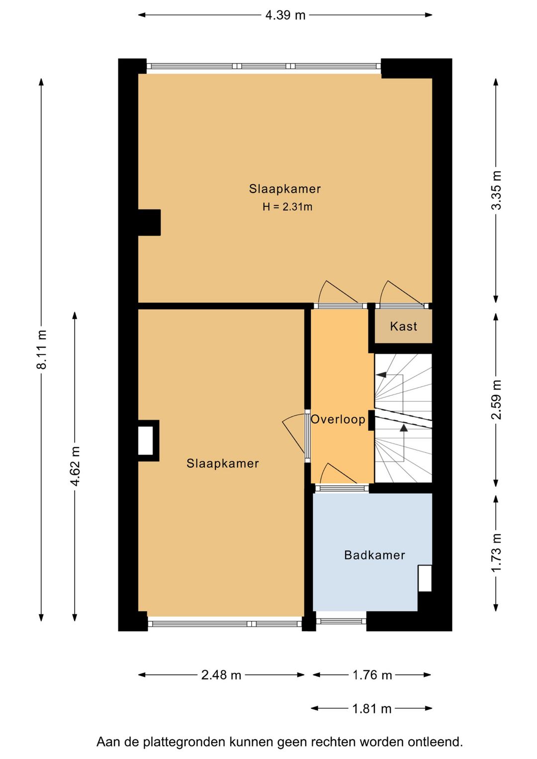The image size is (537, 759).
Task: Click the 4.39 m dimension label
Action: tap(285, 15)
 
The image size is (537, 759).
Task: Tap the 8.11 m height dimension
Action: tap(42, 349)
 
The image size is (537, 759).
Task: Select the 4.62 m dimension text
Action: tap(75, 466)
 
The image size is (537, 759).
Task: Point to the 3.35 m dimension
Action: tap(496, 190)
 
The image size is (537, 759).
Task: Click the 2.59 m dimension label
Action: tap(496, 399)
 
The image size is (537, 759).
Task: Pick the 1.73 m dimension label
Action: tap(496, 552)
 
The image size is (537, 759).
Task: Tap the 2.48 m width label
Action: tap(221, 675)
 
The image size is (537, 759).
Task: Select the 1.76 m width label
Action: tap(372, 675)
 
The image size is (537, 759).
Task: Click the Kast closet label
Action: tap(403, 326)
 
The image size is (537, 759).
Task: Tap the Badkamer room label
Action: tap(374, 555)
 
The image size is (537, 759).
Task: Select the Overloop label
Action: tap(338, 419)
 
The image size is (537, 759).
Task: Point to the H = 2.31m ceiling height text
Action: tap(287, 207)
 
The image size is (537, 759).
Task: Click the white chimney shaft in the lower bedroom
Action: tap(145, 441)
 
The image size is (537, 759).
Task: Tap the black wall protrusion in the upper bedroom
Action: tap(149, 222)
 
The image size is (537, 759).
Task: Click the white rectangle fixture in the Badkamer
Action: tap(425, 578)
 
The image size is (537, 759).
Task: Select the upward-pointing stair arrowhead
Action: tap(404, 428)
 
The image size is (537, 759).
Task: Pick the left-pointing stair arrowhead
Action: tap(381, 375)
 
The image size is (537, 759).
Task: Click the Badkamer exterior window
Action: tap(341, 621)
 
